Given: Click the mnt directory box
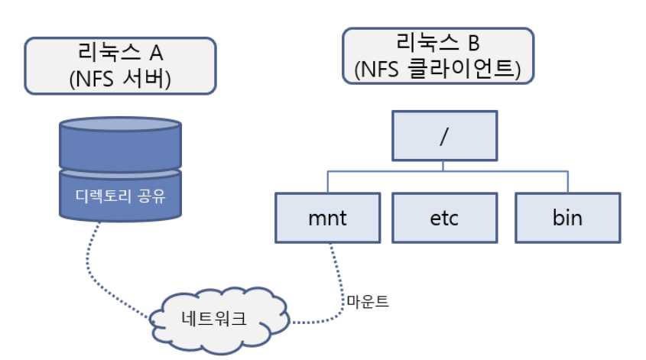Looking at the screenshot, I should tap(327, 218).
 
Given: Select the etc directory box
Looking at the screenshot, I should tap(445, 218).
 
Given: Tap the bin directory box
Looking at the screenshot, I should tap(566, 218).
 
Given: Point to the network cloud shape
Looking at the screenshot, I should tap(217, 319).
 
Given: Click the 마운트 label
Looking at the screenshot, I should tap(367, 301).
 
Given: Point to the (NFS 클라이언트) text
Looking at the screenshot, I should tap(437, 70).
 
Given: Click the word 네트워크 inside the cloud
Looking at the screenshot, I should tap(217, 319).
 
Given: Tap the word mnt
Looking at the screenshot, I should tap(327, 218).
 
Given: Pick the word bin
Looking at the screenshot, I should tap(566, 218).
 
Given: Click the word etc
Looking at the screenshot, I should tap(445, 218).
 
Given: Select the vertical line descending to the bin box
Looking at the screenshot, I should tap(566, 181).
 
